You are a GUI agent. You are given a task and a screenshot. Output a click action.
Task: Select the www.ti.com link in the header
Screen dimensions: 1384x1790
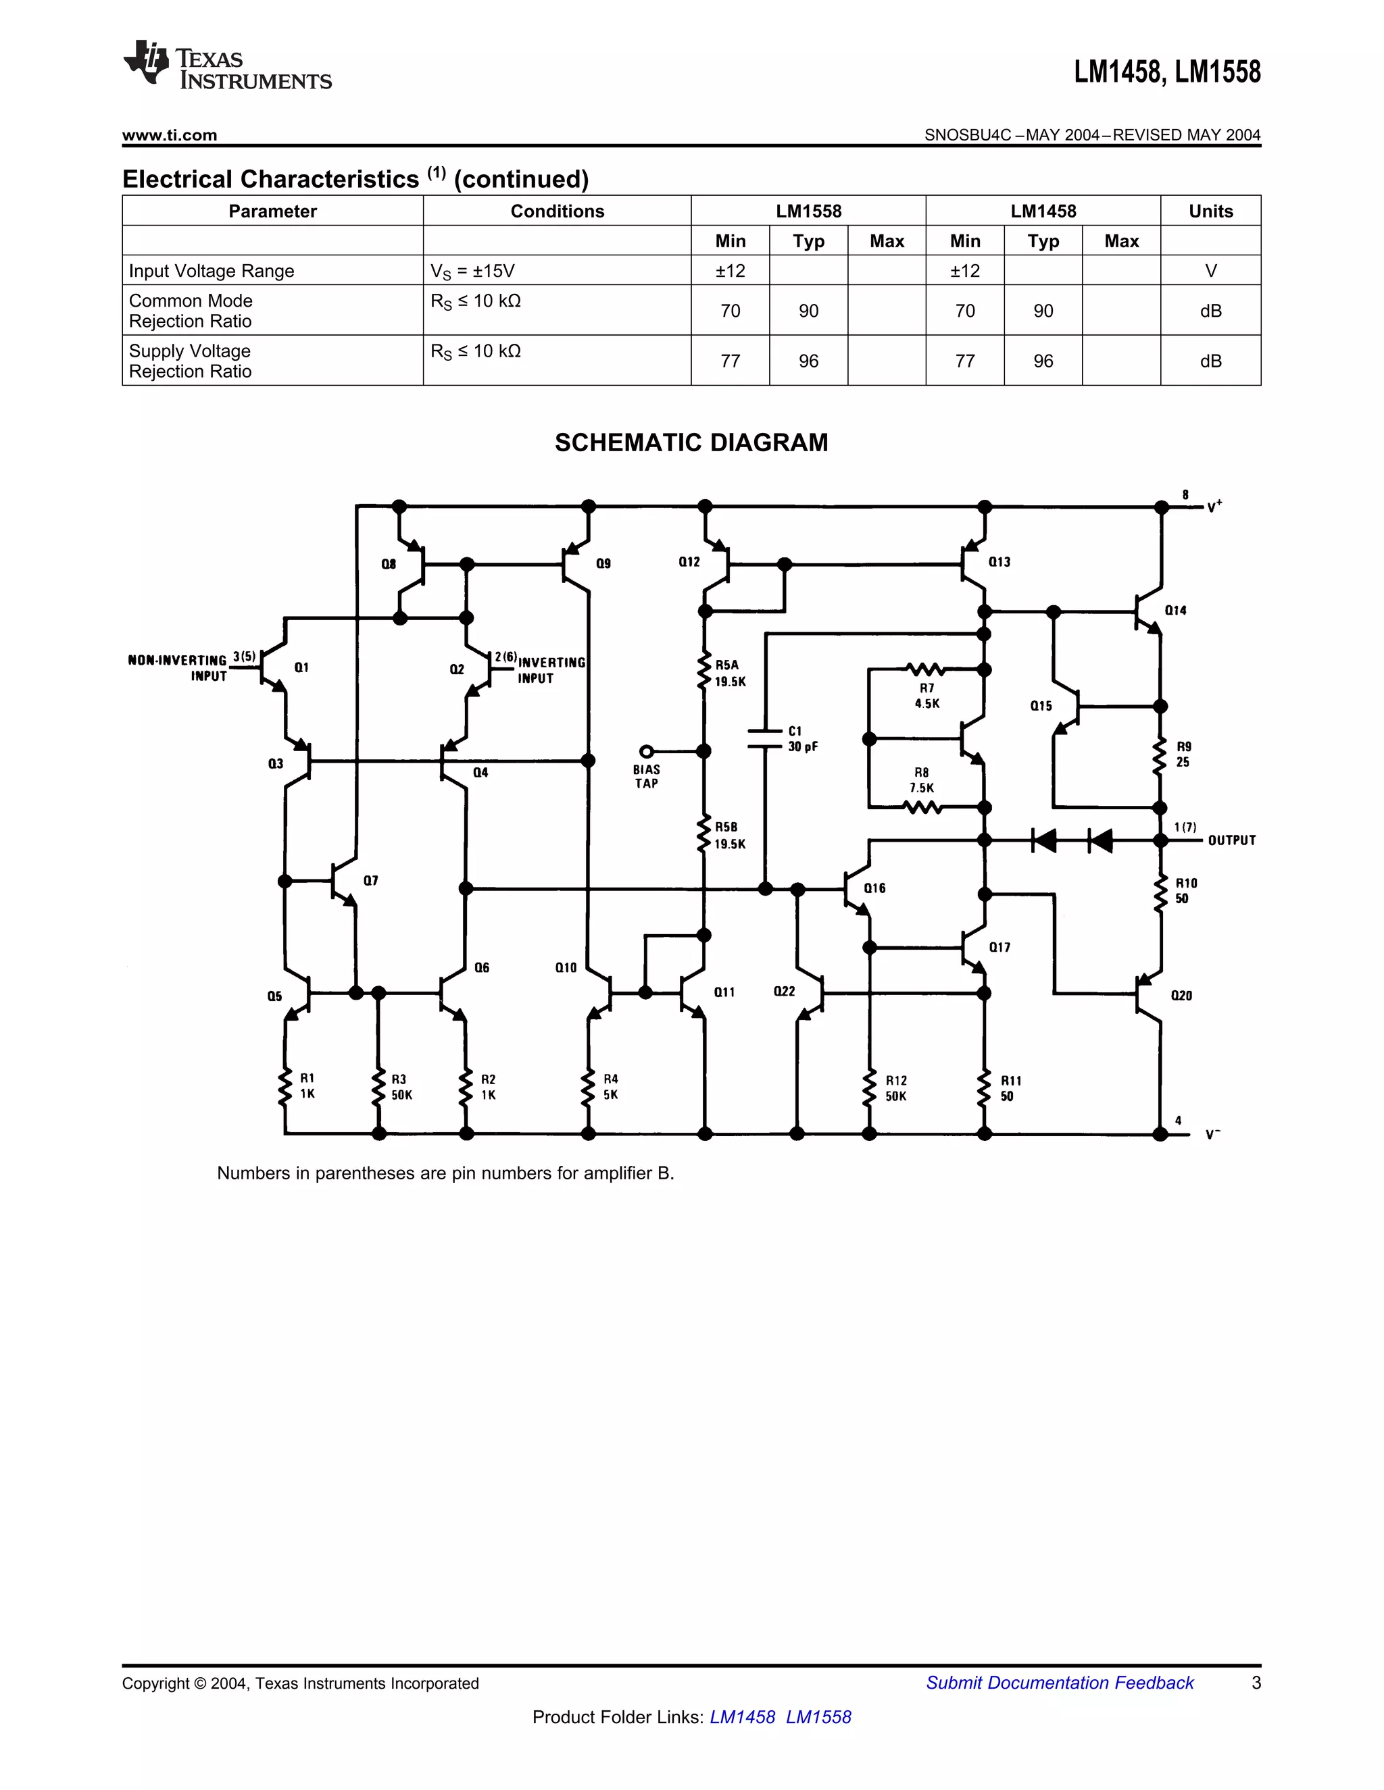[170, 135]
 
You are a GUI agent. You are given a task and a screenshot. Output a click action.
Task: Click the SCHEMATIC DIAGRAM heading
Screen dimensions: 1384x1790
[691, 442]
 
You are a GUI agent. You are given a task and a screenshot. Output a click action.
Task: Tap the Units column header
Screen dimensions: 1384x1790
[1210, 211]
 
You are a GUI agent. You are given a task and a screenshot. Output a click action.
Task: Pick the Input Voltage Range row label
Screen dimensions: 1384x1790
[212, 272]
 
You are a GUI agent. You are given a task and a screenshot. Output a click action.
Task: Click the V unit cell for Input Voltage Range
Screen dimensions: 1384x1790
[1210, 272]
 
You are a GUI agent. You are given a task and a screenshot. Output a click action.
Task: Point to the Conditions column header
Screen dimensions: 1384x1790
[557, 211]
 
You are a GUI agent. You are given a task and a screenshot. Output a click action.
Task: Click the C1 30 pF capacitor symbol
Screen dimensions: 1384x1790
[765, 738]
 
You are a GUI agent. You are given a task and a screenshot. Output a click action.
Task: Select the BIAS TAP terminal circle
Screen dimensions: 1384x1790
[646, 750]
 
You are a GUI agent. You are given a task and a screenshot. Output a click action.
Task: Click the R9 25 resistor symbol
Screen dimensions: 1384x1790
[1160, 757]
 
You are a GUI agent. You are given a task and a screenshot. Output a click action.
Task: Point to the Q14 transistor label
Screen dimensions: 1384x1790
[1175, 611]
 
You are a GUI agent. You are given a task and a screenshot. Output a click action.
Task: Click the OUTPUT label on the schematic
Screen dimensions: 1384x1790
[1231, 840]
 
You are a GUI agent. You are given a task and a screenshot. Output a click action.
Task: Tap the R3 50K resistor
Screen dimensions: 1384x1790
[379, 1087]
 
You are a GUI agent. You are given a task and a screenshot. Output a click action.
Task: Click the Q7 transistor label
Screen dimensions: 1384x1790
[370, 881]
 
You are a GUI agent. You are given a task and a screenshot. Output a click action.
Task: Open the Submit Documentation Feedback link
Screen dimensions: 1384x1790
[1060, 1683]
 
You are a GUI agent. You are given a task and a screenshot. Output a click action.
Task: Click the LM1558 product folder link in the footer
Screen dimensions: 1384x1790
[818, 1717]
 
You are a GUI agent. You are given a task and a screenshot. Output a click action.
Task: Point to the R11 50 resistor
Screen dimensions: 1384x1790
[985, 1088]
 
